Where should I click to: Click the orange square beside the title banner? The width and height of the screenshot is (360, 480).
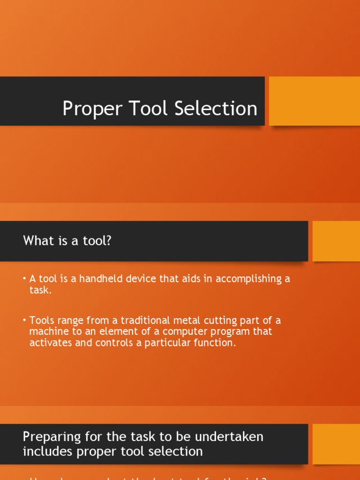click(x=314, y=101)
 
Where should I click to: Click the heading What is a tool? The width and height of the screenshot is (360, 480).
click(x=67, y=241)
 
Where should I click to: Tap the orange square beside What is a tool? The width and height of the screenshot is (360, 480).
click(x=336, y=241)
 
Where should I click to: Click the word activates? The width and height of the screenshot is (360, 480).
click(x=51, y=343)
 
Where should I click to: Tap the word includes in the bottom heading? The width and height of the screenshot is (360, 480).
click(x=45, y=451)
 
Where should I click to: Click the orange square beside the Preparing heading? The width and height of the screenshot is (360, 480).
click(x=336, y=444)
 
